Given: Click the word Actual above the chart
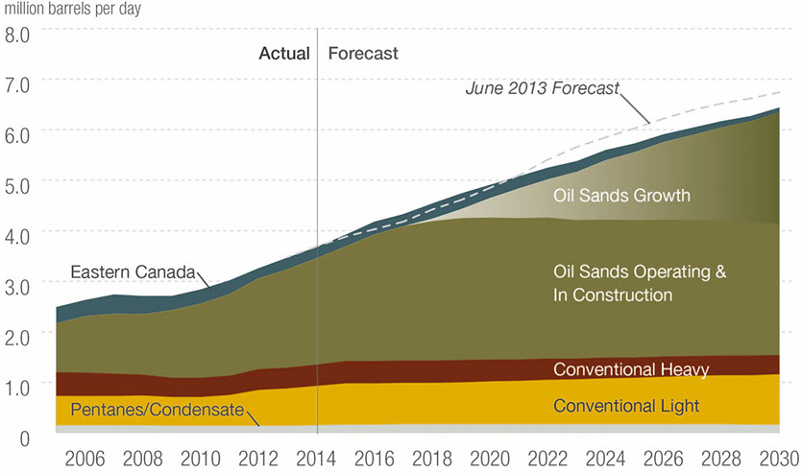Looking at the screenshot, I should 284,54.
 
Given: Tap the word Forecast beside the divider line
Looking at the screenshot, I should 363,54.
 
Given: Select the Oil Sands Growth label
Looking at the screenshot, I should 622,196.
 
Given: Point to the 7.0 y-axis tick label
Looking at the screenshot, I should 18,84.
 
